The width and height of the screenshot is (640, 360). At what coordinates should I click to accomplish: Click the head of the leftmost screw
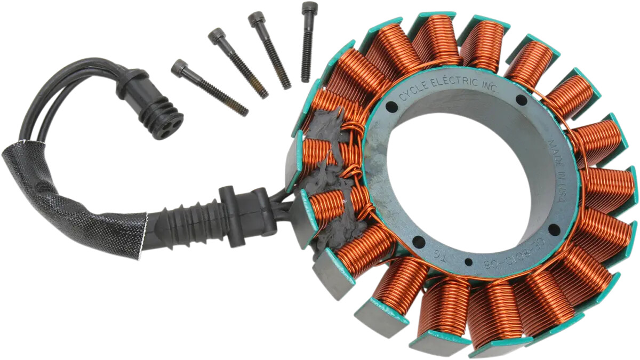[179, 68]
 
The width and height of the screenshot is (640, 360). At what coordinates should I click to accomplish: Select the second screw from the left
[238, 64]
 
